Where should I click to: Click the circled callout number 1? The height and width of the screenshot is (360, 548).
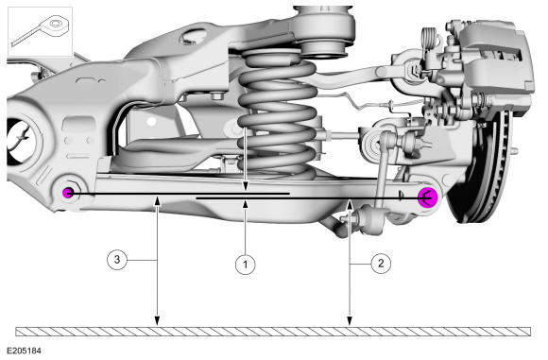click(x=245, y=264)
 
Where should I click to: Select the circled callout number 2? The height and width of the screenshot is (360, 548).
click(x=381, y=264)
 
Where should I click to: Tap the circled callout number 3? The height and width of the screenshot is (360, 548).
click(x=117, y=259)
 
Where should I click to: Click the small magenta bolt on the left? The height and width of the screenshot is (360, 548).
click(x=68, y=192)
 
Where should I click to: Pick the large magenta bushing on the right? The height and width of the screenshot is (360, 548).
click(x=428, y=197)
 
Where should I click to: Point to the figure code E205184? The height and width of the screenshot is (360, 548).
click(x=24, y=351)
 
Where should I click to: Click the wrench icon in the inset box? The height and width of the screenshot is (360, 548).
click(x=42, y=30)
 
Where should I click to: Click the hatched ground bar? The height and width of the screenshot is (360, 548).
click(x=273, y=332)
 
